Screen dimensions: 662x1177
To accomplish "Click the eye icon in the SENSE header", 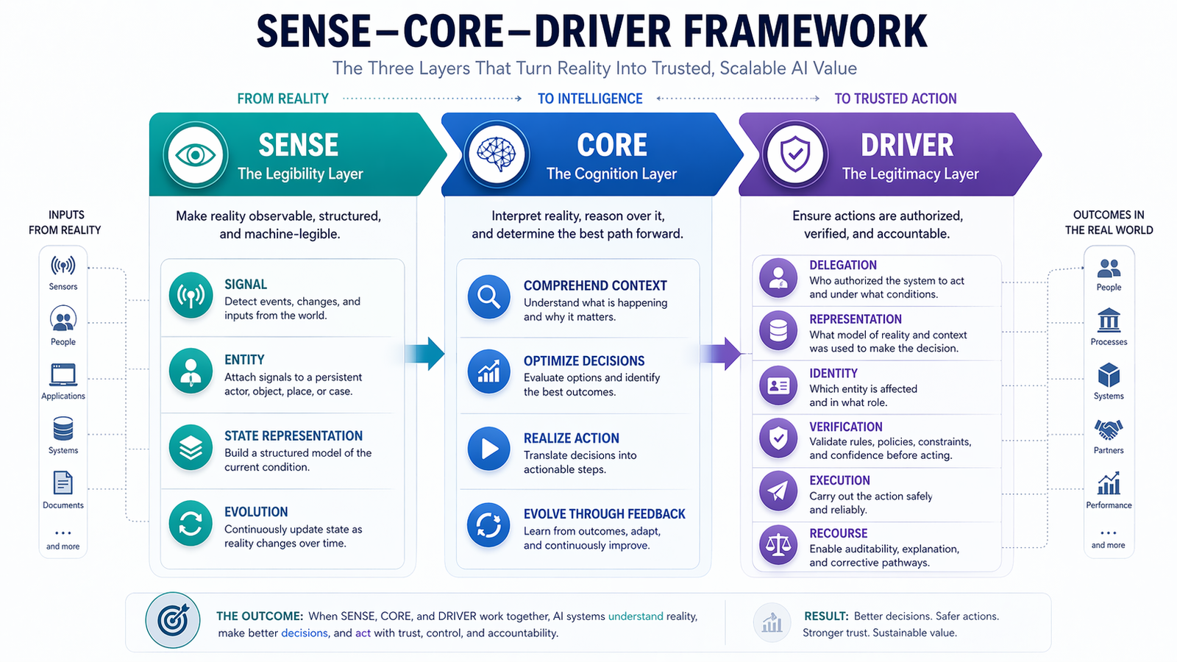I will pyautogui.click(x=196, y=155).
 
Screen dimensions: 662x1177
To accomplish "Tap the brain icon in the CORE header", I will pyautogui.click(x=497, y=155).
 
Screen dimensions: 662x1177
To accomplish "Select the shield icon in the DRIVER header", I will pyautogui.click(x=794, y=155).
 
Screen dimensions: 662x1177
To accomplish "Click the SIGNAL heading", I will pyautogui.click(x=246, y=285).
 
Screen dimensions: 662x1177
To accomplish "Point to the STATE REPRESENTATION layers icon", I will pyautogui.click(x=191, y=447).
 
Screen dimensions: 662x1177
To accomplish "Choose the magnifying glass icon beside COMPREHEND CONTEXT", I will pyautogui.click(x=488, y=296).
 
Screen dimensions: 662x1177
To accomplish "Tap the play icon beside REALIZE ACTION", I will pyautogui.click(x=488, y=448).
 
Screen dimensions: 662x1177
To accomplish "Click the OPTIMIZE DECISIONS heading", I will pyautogui.click(x=584, y=361).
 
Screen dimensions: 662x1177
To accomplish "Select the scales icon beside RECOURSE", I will pyautogui.click(x=778, y=545).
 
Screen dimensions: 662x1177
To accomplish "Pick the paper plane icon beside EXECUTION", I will pyautogui.click(x=778, y=491).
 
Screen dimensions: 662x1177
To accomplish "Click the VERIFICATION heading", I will pyautogui.click(x=846, y=427).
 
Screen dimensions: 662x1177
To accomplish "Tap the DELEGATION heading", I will pyautogui.click(x=843, y=266).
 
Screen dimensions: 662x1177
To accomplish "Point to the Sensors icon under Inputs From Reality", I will pyautogui.click(x=63, y=266).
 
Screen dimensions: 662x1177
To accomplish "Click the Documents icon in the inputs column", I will pyautogui.click(x=63, y=483).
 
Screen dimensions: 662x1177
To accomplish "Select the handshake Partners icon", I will pyautogui.click(x=1109, y=429).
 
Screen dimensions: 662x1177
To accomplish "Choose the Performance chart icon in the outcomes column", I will pyautogui.click(x=1109, y=483).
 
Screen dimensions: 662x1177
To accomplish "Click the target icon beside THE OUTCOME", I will pyautogui.click(x=173, y=621).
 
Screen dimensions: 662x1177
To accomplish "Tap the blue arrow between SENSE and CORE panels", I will pyautogui.click(x=427, y=354).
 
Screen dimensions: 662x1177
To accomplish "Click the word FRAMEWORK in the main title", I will pyautogui.click(x=805, y=32).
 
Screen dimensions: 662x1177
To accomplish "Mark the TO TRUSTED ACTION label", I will pyautogui.click(x=895, y=99).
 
